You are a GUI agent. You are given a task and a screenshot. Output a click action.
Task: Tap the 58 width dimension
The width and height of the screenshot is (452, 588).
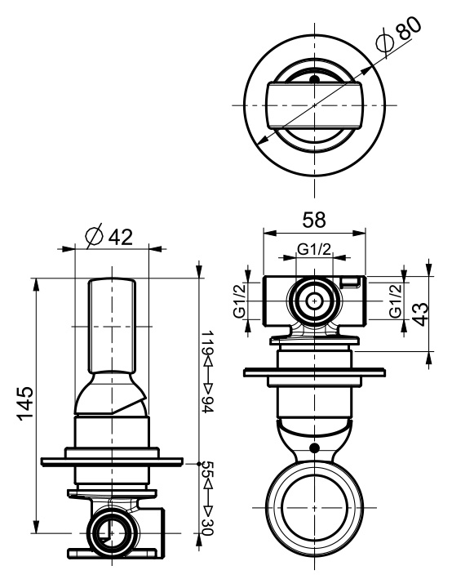313,218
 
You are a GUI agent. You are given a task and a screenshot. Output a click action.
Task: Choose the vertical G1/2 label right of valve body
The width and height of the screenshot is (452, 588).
395,301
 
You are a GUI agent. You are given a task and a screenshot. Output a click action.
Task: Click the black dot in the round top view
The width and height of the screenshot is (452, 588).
313,79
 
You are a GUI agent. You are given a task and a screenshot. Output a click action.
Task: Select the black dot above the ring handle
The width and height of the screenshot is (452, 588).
313,447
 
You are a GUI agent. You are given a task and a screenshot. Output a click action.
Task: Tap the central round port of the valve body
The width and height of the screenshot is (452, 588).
313,301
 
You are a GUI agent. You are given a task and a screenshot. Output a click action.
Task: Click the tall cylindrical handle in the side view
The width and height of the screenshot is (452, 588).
111,327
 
